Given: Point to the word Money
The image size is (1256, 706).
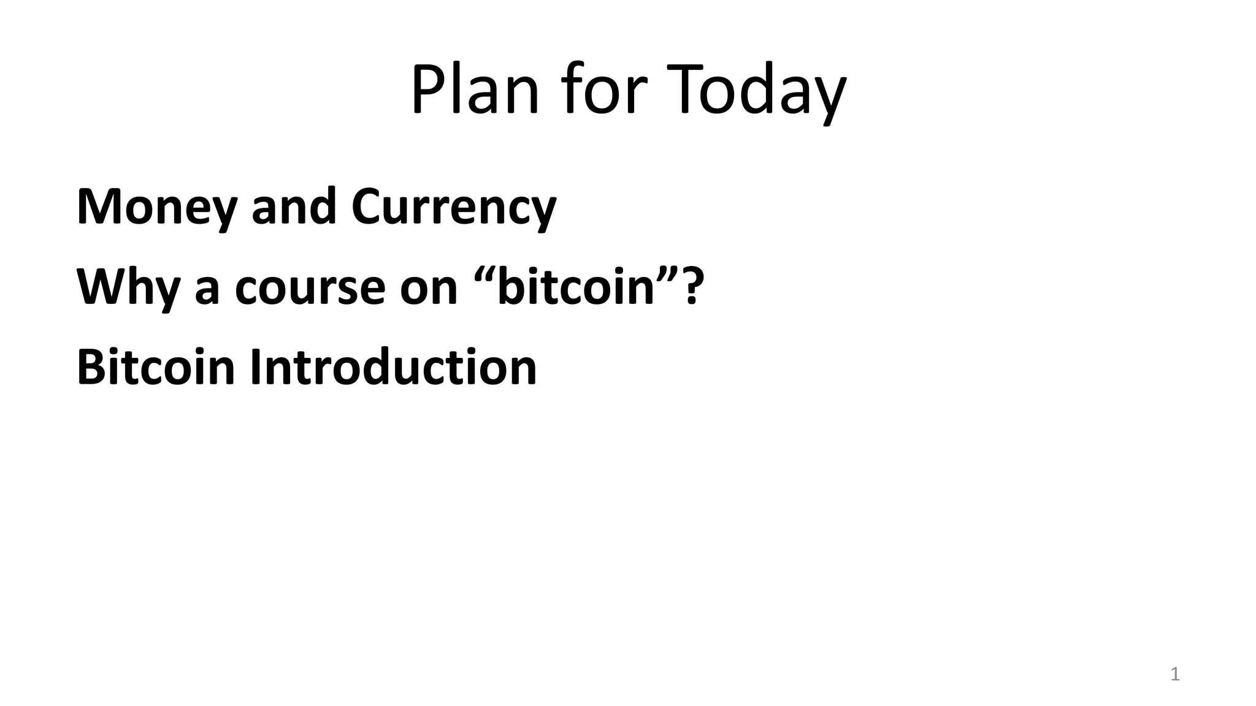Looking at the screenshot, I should pyautogui.click(x=156, y=207).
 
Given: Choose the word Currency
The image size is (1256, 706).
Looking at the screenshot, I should pyautogui.click(x=454, y=207).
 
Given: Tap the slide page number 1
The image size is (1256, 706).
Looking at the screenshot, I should pyautogui.click(x=1175, y=675).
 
